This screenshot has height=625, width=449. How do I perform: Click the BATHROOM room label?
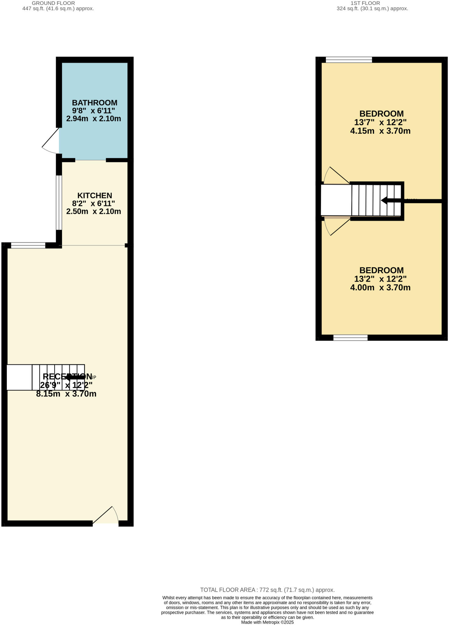(95, 103)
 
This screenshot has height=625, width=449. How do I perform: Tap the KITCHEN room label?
(95, 195)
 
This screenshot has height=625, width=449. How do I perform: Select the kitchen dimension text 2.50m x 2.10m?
(94, 211)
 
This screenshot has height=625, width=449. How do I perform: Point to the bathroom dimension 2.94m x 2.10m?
(94, 118)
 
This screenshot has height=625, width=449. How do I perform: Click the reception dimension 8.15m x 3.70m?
(66, 394)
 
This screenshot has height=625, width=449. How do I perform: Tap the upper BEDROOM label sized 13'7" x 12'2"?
(381, 114)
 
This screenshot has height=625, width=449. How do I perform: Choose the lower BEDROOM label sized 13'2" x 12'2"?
(381, 270)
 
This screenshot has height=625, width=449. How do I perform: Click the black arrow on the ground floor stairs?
(74, 377)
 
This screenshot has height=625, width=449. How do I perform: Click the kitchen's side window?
(59, 202)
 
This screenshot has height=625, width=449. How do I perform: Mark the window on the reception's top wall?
(28, 245)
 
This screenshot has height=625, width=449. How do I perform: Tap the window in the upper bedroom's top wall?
(349, 60)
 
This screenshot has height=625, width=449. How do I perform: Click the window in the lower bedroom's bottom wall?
(350, 338)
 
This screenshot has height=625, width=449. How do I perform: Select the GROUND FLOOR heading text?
(53, 3)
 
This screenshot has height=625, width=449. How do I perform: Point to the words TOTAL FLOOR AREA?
(227, 590)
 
